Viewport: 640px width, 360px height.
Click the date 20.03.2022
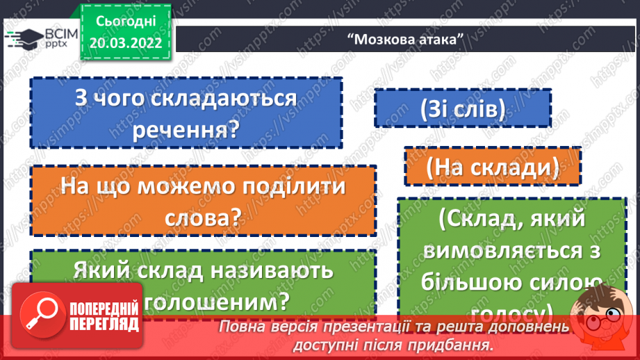pos(126,41)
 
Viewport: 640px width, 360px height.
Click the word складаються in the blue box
pos(233,99)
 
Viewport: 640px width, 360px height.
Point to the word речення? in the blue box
pos(187,130)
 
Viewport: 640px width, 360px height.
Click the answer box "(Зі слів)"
pos(462,108)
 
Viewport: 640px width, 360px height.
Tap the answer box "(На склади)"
pos(493,166)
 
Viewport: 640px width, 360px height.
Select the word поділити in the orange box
pos(284,188)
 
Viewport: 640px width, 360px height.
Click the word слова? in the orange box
pos(203,218)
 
